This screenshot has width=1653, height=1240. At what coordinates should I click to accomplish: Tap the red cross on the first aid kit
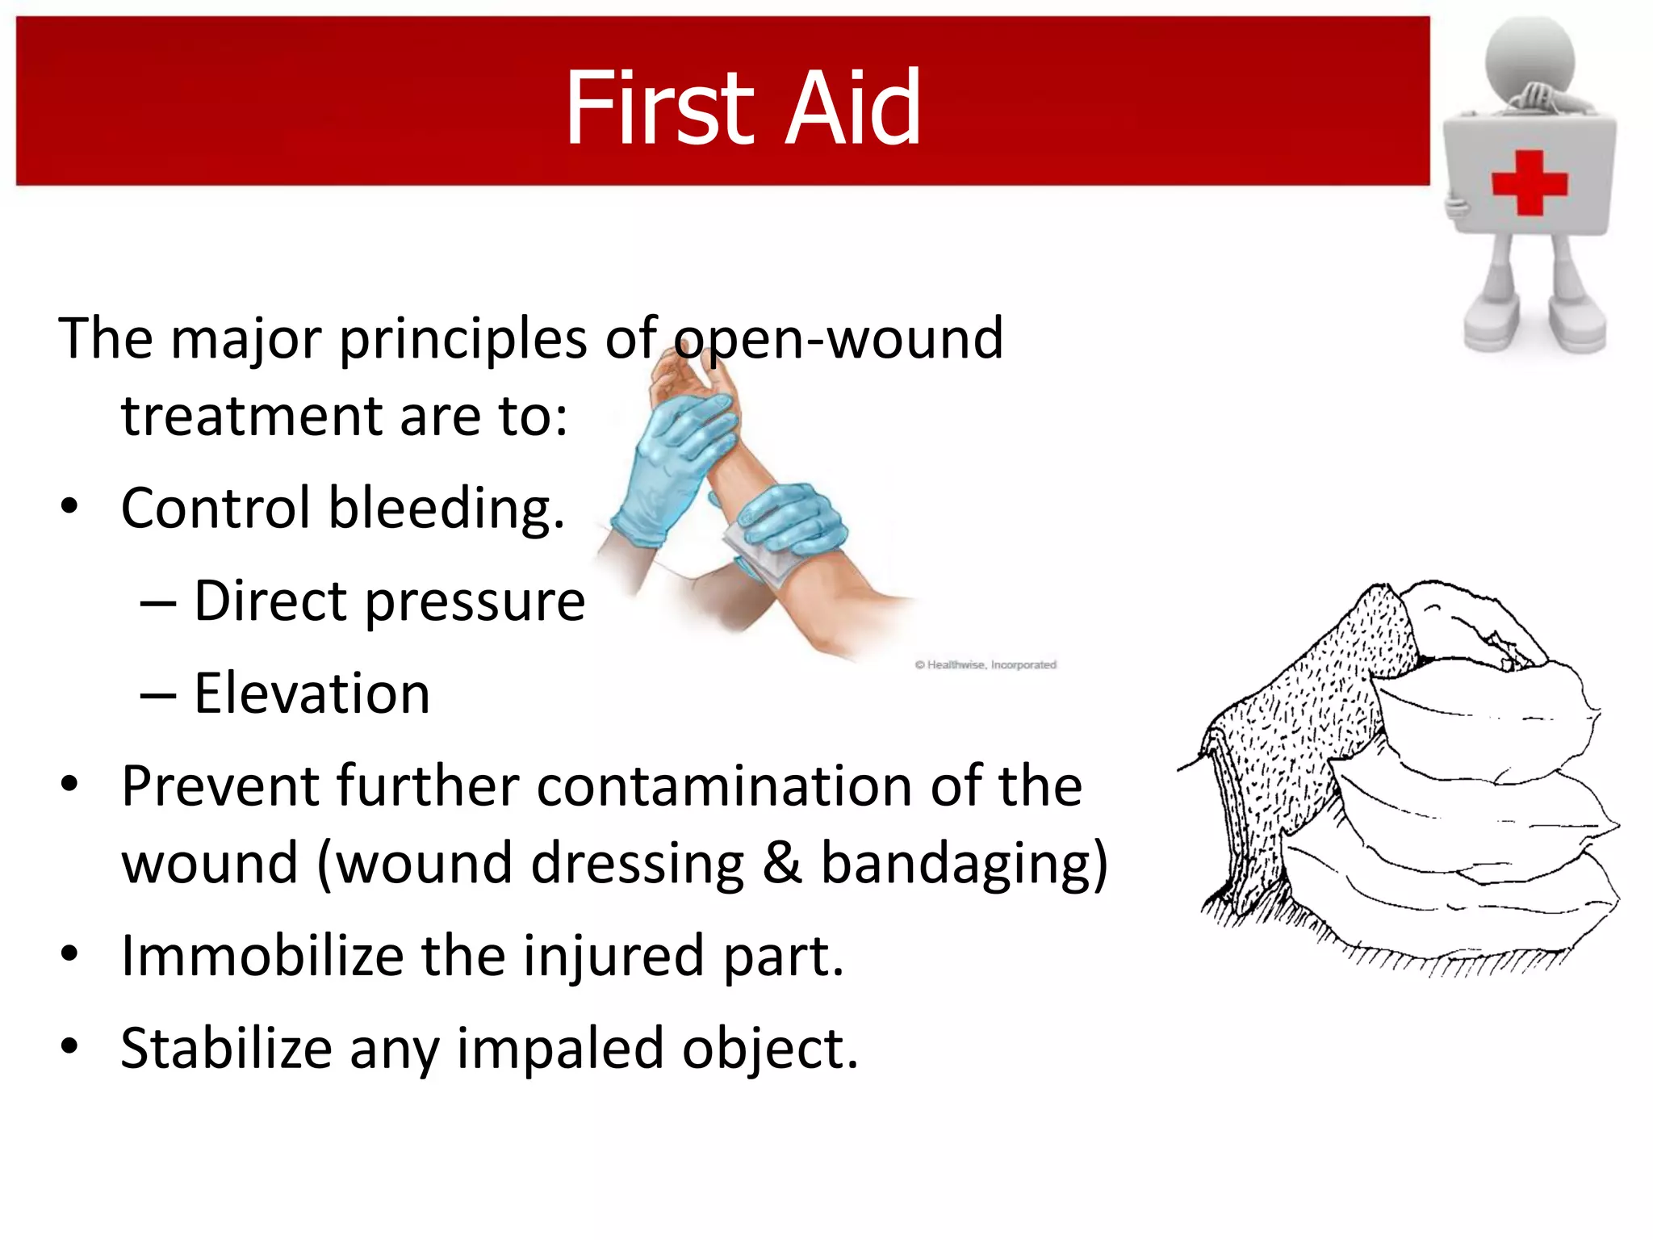pos(1529,183)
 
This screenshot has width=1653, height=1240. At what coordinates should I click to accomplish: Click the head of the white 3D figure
pos(1530,57)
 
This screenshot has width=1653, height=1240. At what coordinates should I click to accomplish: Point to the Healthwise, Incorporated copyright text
pos(986,664)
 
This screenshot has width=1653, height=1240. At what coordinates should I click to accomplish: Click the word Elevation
pos(312,693)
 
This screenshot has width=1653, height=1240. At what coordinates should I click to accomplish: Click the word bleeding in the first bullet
pos(446,509)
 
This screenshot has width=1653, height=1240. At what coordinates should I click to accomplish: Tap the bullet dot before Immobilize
pos(69,954)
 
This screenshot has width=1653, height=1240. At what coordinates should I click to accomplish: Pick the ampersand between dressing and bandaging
pos(781,862)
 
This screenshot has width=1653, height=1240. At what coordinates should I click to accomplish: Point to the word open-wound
pos(839,338)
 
